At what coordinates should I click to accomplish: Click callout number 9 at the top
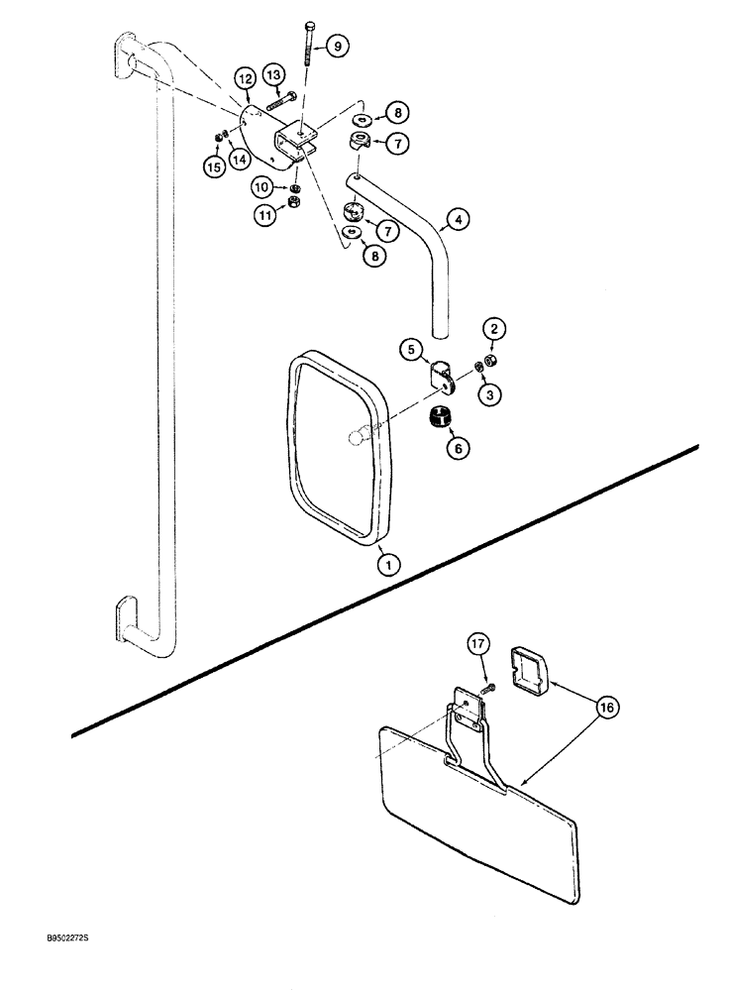[334, 46]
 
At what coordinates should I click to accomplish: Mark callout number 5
[410, 349]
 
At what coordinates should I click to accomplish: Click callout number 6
[460, 448]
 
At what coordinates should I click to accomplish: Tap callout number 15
[213, 168]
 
